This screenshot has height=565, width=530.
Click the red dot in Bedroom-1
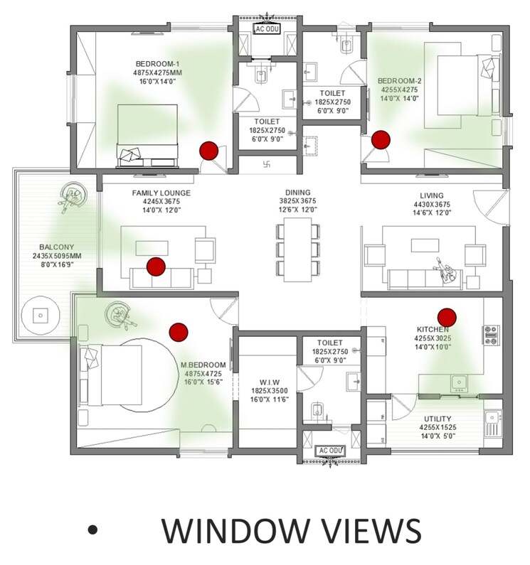208,151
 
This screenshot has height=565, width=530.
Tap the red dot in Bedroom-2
382,139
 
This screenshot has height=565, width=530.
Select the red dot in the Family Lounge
156,267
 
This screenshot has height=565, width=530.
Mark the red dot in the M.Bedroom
178,330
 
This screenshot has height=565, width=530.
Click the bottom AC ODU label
329,451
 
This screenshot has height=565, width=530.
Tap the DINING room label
297,193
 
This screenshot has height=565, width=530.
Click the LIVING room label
432,195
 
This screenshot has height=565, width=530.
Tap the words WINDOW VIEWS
291,533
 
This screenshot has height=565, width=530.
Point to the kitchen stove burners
490,333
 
